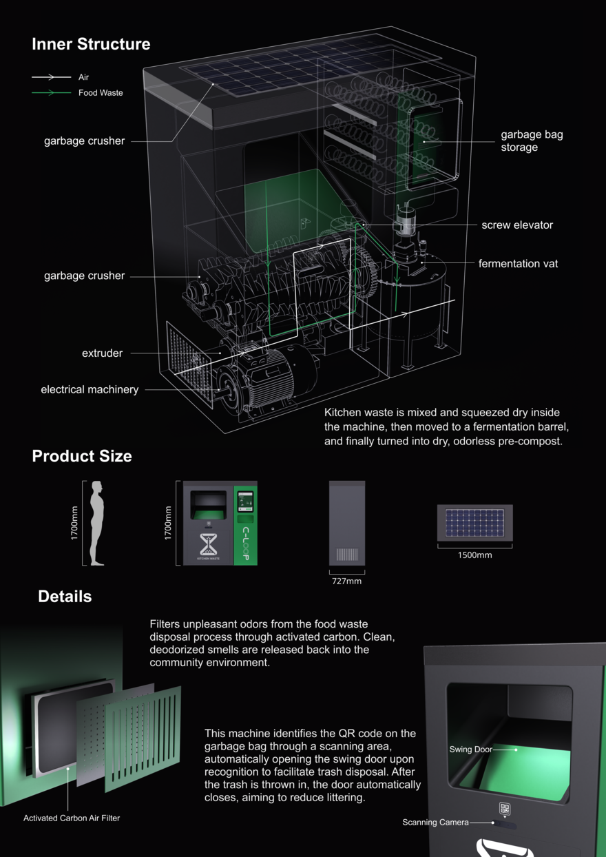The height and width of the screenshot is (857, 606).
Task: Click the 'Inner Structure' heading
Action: (91, 44)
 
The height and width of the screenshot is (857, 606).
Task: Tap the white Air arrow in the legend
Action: (51, 77)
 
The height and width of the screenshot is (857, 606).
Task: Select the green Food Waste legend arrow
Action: (51, 92)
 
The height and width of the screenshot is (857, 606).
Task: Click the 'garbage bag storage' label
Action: (532, 141)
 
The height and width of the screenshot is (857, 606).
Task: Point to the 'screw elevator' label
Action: (517, 225)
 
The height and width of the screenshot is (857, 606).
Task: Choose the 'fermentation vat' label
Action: (518, 264)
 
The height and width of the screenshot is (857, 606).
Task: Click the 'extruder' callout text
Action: (102, 353)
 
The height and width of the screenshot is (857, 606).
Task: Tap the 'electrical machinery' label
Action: (90, 389)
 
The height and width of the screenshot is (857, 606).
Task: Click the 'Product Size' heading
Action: (82, 456)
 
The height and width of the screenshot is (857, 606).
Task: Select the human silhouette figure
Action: (97, 523)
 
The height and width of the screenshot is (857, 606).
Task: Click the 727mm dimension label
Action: (347, 581)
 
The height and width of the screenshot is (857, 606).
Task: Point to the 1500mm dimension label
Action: (475, 555)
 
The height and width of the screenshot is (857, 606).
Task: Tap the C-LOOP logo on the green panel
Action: (245, 544)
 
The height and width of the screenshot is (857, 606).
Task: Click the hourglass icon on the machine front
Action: (209, 544)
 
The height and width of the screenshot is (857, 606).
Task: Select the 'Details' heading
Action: (65, 597)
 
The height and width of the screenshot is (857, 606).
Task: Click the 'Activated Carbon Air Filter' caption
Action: (72, 818)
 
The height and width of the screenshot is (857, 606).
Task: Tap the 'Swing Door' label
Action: (470, 750)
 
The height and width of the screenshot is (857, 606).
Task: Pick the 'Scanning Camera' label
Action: (435, 822)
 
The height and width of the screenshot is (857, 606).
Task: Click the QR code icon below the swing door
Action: (505, 808)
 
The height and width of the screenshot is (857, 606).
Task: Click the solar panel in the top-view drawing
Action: (474, 523)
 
